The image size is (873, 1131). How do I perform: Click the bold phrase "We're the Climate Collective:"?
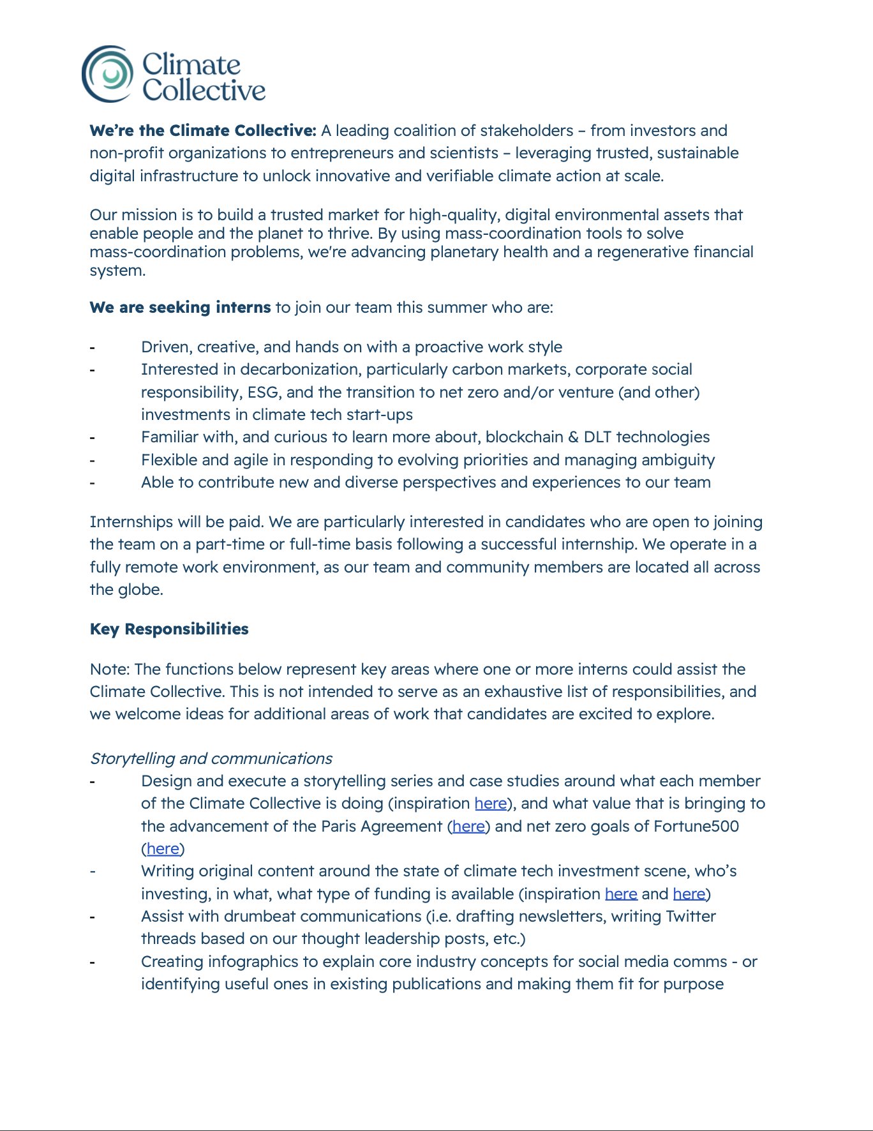point(203,131)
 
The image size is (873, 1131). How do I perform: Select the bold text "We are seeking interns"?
point(180,308)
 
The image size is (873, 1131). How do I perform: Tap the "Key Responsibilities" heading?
point(169,629)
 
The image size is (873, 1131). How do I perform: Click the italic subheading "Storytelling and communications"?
point(211,758)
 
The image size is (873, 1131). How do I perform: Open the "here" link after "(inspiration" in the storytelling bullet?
point(490,804)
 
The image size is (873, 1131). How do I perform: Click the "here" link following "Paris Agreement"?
point(468,827)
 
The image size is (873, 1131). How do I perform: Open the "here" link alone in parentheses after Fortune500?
point(163,849)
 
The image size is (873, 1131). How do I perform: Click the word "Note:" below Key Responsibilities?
point(110,670)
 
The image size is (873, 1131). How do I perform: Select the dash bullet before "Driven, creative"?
point(93,348)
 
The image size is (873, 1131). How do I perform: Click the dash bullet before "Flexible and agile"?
point(93,461)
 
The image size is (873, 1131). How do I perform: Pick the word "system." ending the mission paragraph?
point(117,271)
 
